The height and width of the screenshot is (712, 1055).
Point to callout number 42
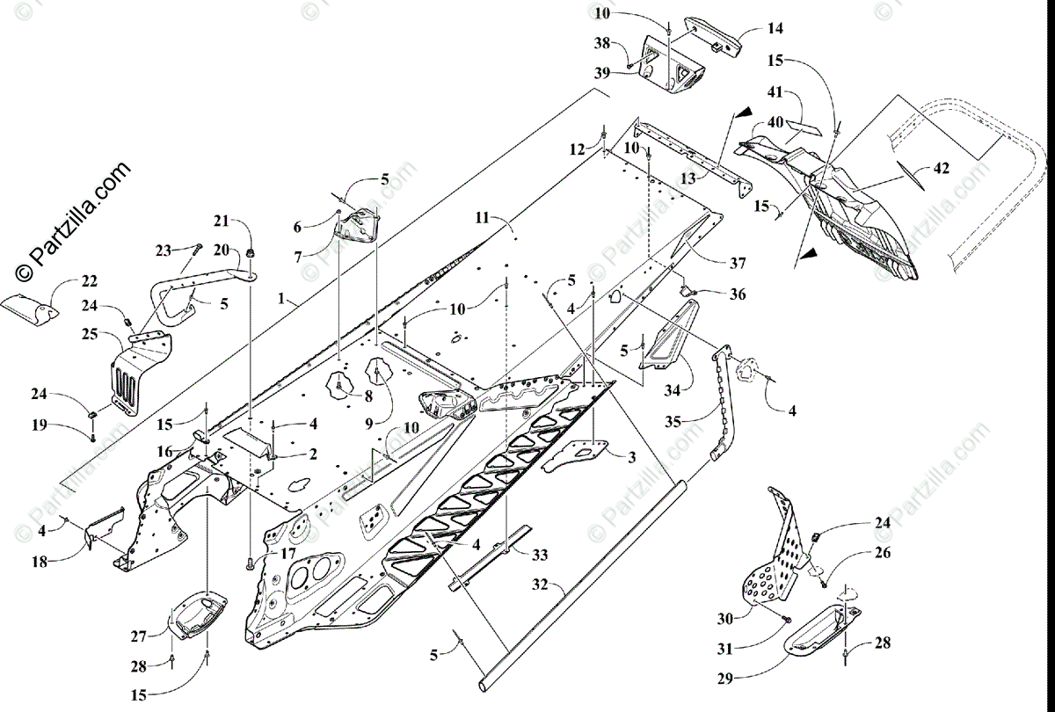click(x=941, y=171)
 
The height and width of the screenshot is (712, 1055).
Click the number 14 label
click(x=774, y=28)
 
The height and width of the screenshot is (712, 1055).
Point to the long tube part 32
click(x=580, y=580)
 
